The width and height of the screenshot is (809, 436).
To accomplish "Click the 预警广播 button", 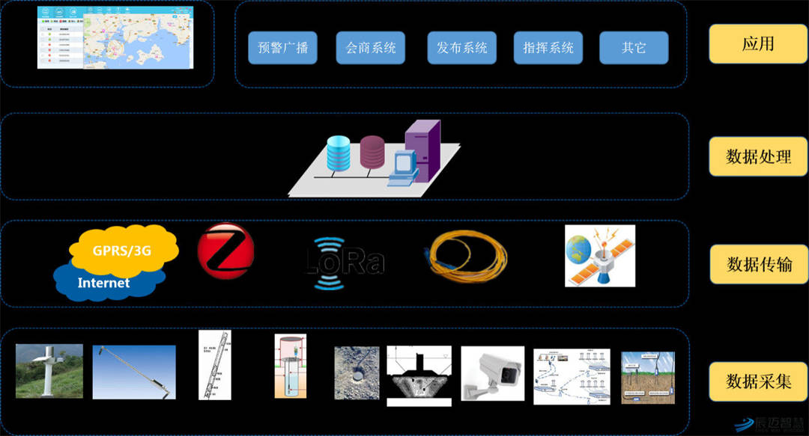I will click(x=282, y=48).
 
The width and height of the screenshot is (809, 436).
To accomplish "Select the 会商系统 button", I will click(x=370, y=48).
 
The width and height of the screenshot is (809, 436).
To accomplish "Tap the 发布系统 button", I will click(x=462, y=48).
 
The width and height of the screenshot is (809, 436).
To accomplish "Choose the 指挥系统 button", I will click(x=548, y=48).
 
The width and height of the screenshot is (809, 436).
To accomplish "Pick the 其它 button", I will click(x=634, y=48).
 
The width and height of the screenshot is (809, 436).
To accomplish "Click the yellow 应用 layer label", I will click(x=757, y=44).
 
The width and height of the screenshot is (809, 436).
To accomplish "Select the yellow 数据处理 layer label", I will click(x=758, y=157).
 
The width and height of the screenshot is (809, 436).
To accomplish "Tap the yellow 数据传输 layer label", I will click(x=759, y=264).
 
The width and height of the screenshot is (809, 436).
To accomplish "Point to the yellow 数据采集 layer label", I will click(x=758, y=381).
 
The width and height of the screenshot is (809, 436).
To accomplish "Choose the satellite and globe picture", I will click(x=599, y=257).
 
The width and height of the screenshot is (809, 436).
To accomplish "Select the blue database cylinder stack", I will click(x=338, y=153).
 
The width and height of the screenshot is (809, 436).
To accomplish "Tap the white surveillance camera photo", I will click(x=492, y=375).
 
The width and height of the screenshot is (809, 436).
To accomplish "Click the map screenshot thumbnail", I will click(x=115, y=37).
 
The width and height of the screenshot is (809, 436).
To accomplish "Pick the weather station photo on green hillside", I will click(x=49, y=370).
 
